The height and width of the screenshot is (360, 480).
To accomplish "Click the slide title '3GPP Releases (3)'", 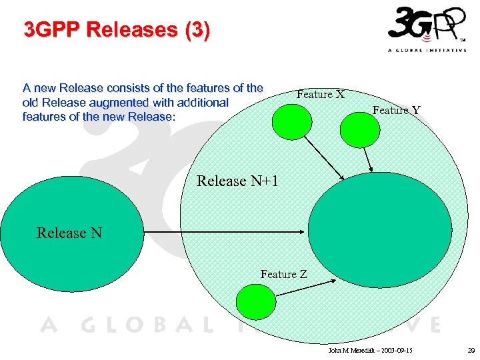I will click(x=117, y=30).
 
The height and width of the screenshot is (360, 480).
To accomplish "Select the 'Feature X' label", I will click(x=320, y=94).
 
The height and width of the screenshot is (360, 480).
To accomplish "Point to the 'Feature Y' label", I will click(x=396, y=110).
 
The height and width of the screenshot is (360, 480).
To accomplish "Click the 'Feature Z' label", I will click(x=284, y=274).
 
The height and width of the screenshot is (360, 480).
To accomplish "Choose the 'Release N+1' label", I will click(x=237, y=181).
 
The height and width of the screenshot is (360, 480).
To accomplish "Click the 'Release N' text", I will click(x=69, y=233).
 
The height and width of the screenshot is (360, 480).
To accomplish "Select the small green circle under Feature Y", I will click(x=359, y=128).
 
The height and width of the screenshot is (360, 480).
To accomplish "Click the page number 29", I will click(x=471, y=350).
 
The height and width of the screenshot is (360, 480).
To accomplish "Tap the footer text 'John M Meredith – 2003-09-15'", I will click(x=371, y=350).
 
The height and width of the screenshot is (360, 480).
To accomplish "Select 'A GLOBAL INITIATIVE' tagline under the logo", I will click(x=427, y=50).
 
